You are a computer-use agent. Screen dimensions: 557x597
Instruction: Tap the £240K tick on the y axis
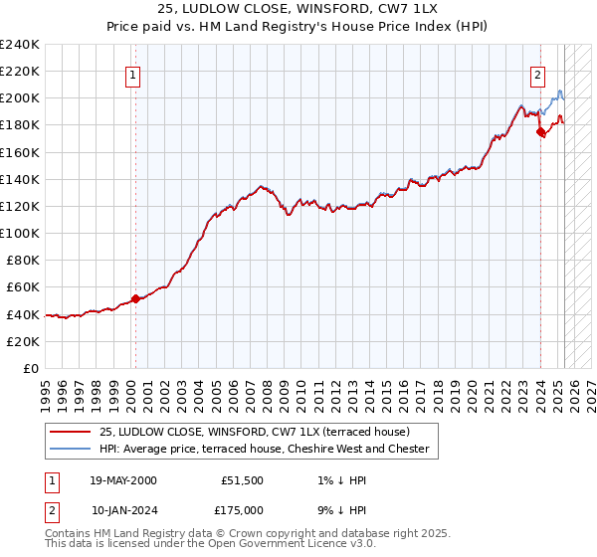tap(19, 45)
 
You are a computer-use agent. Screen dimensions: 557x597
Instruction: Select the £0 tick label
tap(30, 368)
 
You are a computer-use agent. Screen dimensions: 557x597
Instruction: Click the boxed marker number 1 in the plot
tap(133, 72)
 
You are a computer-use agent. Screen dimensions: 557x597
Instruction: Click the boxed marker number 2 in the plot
tap(537, 72)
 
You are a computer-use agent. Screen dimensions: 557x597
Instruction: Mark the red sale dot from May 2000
tap(135, 298)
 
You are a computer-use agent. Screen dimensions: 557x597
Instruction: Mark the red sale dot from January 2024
tap(540, 130)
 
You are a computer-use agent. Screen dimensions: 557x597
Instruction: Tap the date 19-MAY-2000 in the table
tap(123, 480)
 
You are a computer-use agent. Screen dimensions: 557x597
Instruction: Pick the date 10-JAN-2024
tap(123, 510)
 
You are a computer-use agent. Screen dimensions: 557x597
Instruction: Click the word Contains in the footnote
tap(70, 533)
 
